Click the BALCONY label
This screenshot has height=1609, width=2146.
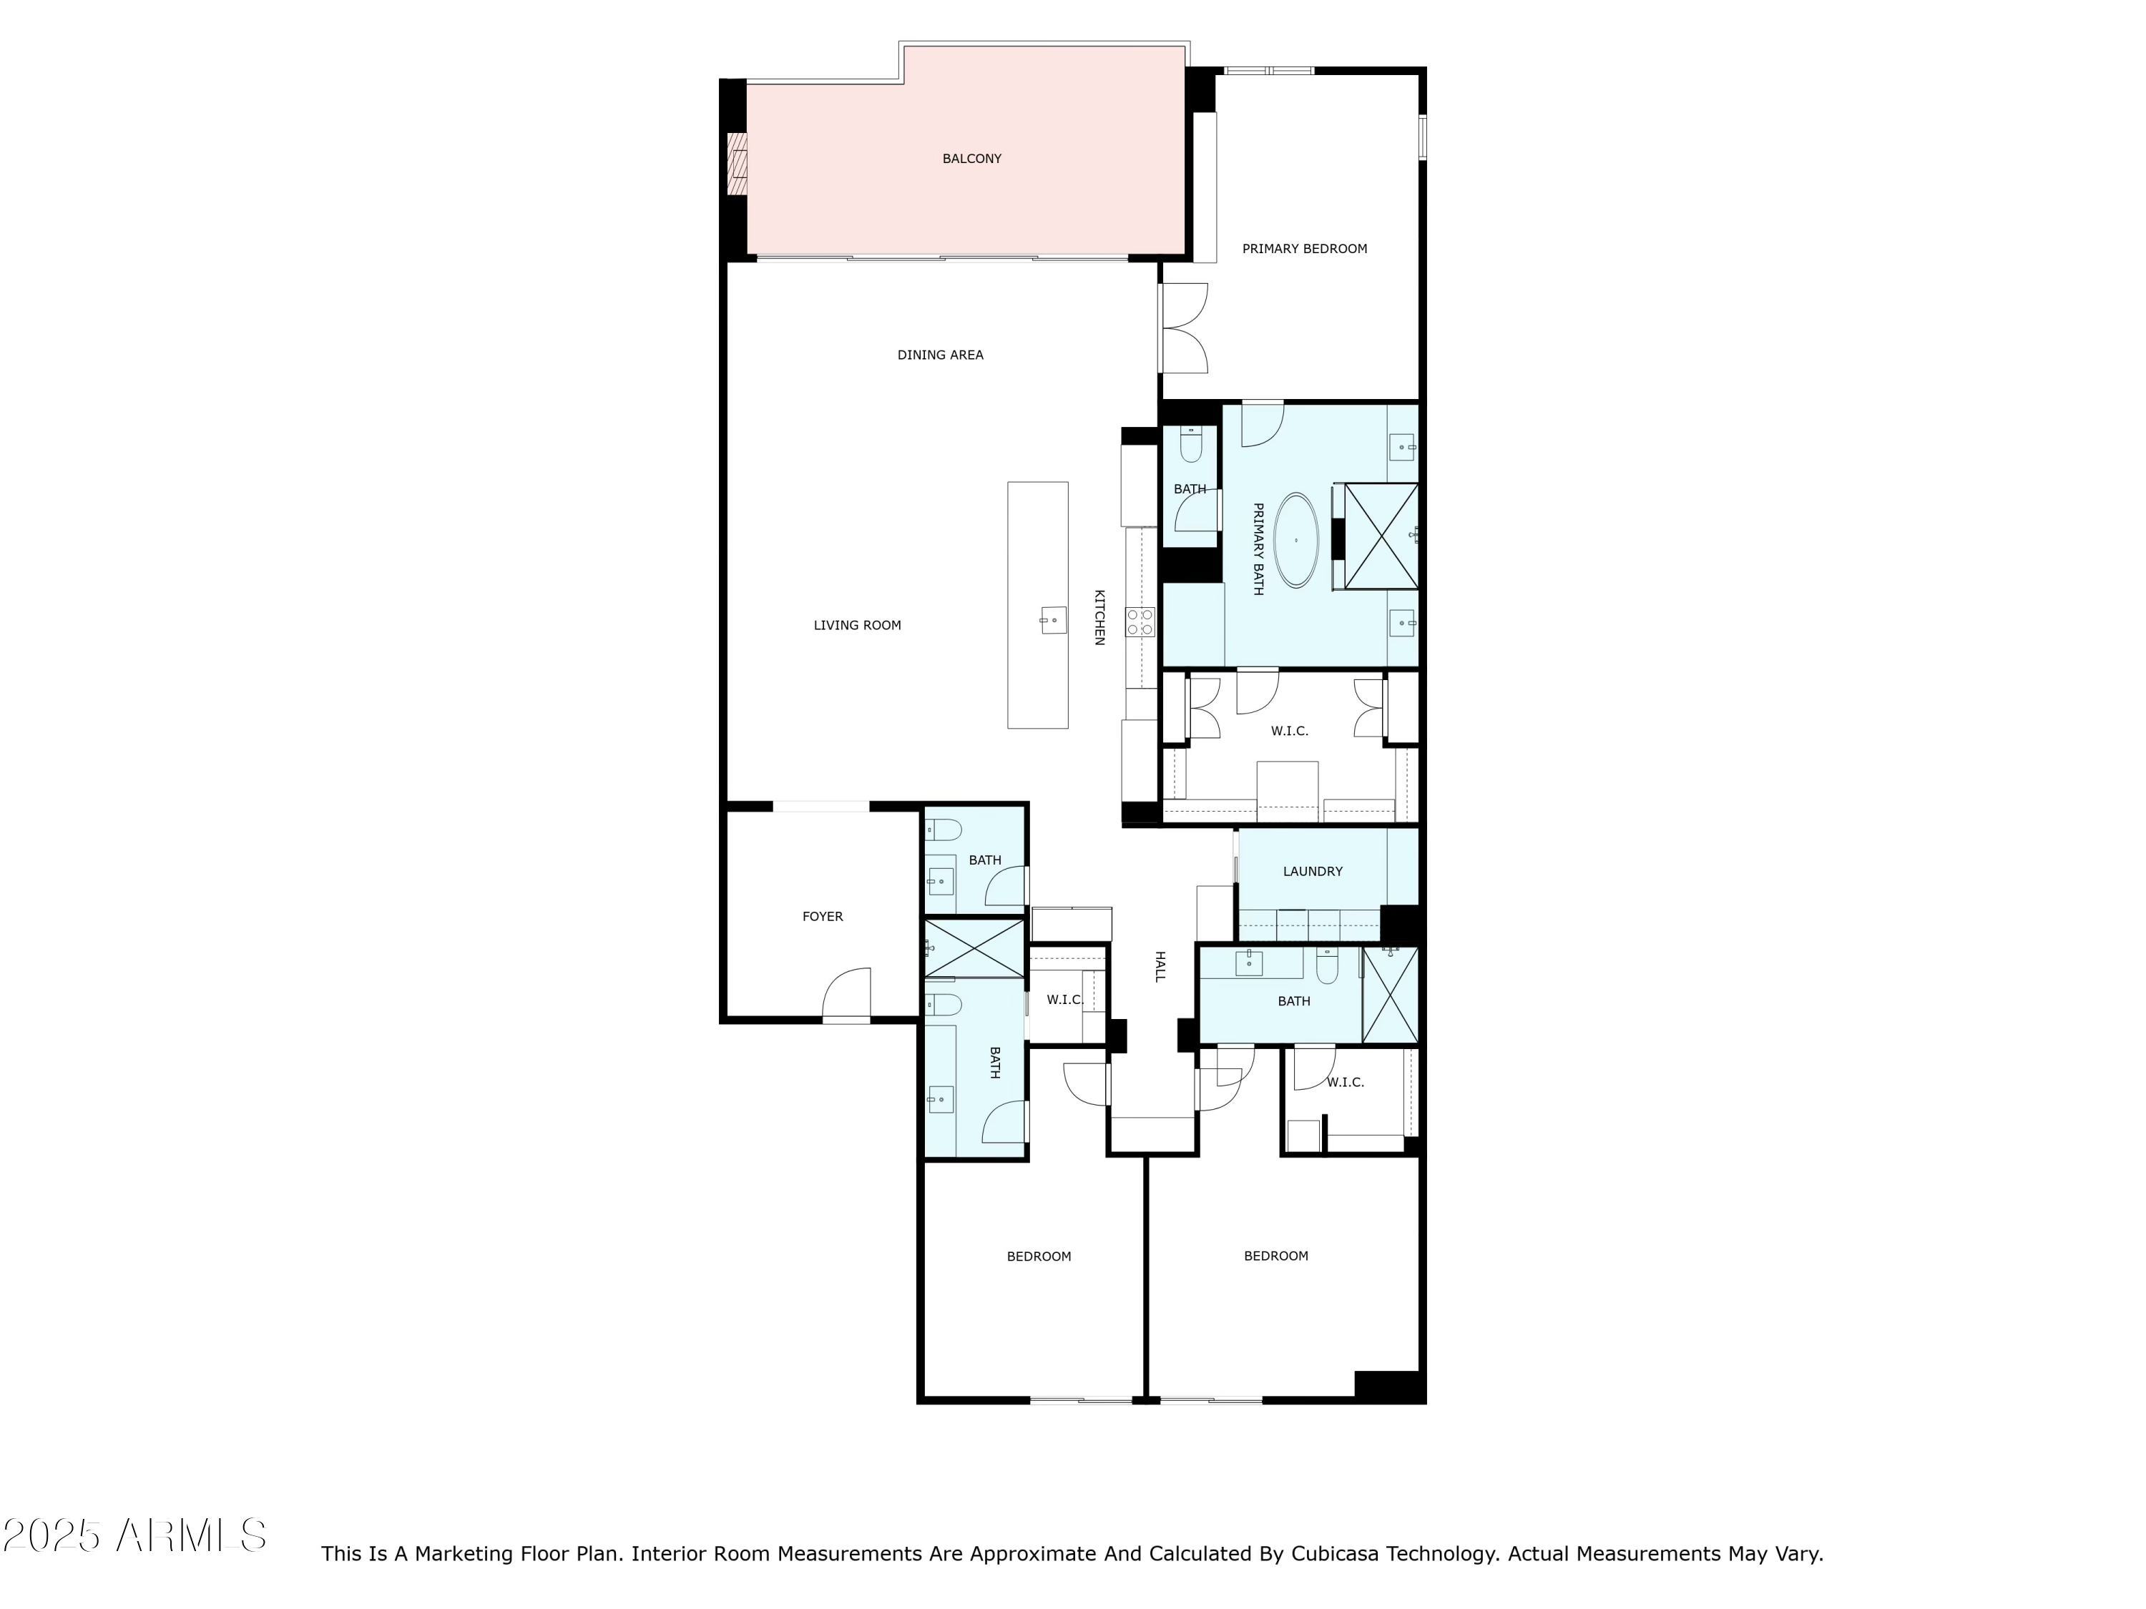pyautogui.click(x=971, y=159)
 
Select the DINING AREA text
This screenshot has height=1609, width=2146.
pyautogui.click(x=940, y=355)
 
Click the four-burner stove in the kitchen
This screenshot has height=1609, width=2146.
pyautogui.click(x=1140, y=621)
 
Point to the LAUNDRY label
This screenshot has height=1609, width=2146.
pyautogui.click(x=1312, y=872)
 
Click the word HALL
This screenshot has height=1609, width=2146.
pyautogui.click(x=1160, y=966)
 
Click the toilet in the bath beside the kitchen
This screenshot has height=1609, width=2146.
pyautogui.click(x=1190, y=446)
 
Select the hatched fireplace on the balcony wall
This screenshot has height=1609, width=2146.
pyautogui.click(x=738, y=163)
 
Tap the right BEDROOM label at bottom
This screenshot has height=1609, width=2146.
pyautogui.click(x=1275, y=1256)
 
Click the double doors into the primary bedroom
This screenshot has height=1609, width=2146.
pyautogui.click(x=1185, y=328)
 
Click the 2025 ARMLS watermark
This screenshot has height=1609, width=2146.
pyautogui.click(x=135, y=1535)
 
